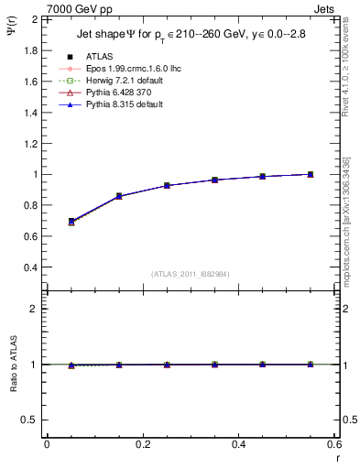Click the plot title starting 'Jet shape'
click(x=187, y=36)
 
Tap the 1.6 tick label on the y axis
click(x=30, y=81)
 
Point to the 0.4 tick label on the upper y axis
click(x=30, y=267)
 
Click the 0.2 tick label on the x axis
click(x=142, y=444)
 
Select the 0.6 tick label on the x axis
click(x=334, y=444)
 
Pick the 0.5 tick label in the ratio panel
click(x=31, y=420)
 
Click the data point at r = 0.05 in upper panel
click(x=71, y=222)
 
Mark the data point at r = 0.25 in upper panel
click(x=167, y=185)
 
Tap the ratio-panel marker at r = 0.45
click(x=263, y=365)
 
